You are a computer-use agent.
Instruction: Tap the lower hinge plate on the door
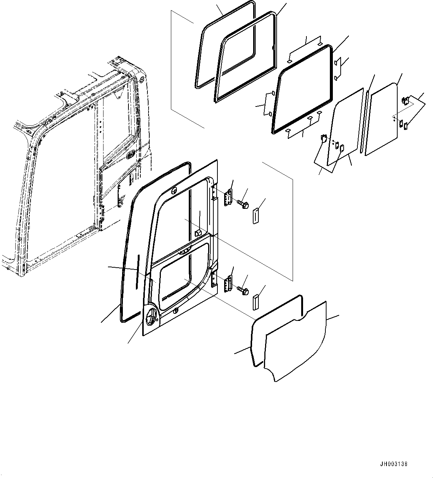click(x=227, y=284)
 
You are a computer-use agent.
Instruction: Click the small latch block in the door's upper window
click(x=198, y=233)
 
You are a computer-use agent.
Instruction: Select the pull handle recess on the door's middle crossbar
click(x=182, y=252)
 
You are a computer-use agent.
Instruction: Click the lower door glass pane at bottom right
click(x=296, y=342)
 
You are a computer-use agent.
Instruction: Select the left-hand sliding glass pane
click(x=344, y=127)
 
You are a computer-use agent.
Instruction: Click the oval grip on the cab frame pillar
click(x=131, y=154)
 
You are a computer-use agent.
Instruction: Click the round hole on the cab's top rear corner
click(x=142, y=79)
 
